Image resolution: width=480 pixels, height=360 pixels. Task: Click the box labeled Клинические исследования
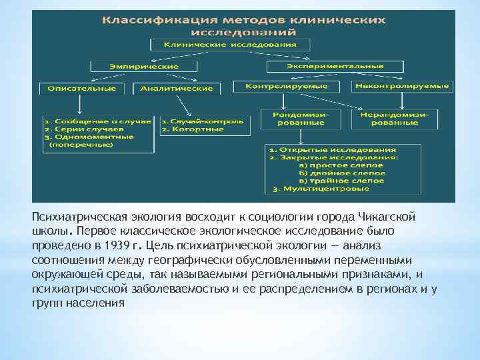pos(231,45)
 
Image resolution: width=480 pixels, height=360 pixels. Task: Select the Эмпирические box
pos(144,67)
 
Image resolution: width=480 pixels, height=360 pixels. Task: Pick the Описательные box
pos(79,88)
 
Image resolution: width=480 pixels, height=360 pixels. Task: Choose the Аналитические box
pos(177,88)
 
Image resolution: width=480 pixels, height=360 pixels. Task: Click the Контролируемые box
pos(287,87)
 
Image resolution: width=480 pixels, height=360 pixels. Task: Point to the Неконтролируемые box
pos(401,87)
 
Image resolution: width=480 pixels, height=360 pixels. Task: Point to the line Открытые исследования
pos(337,150)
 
